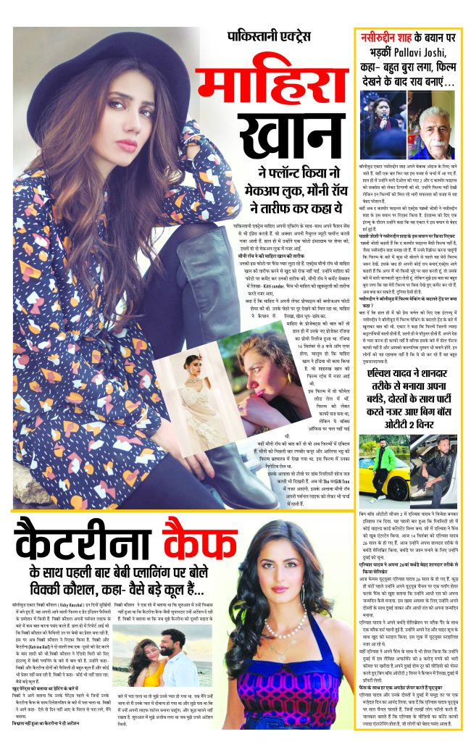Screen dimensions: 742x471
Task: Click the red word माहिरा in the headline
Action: (272, 90)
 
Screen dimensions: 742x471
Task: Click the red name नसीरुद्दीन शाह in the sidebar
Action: (390, 35)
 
